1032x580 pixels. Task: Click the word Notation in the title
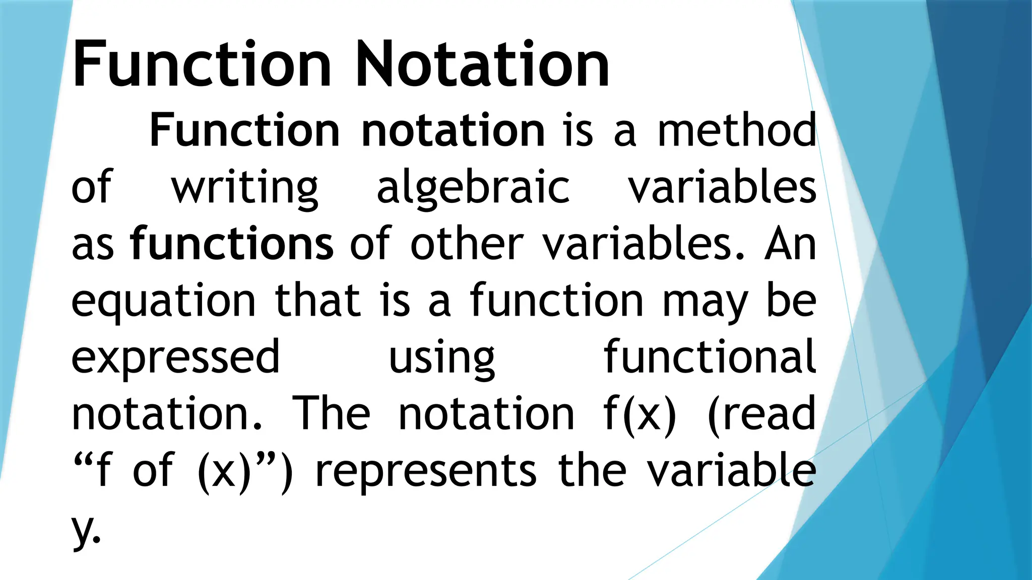(x=482, y=65)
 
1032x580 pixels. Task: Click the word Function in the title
(x=202, y=65)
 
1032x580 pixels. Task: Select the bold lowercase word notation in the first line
(x=453, y=131)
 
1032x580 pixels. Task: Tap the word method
(x=737, y=131)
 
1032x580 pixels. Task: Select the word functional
(x=709, y=357)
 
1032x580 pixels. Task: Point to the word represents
(x=426, y=471)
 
